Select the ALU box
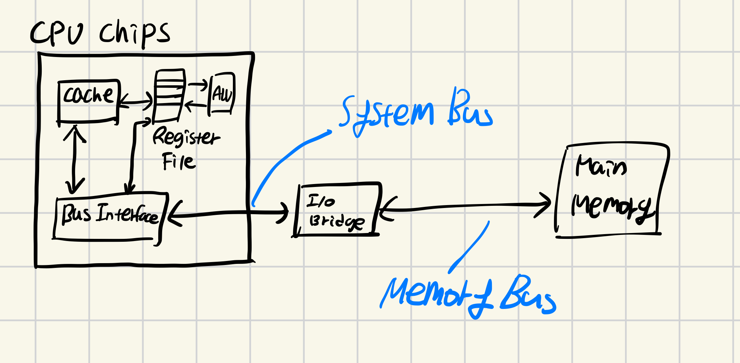222,94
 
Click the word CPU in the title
56,33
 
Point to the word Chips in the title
134,33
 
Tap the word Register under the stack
186,137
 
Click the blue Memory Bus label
468,296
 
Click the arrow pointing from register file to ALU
198,85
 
